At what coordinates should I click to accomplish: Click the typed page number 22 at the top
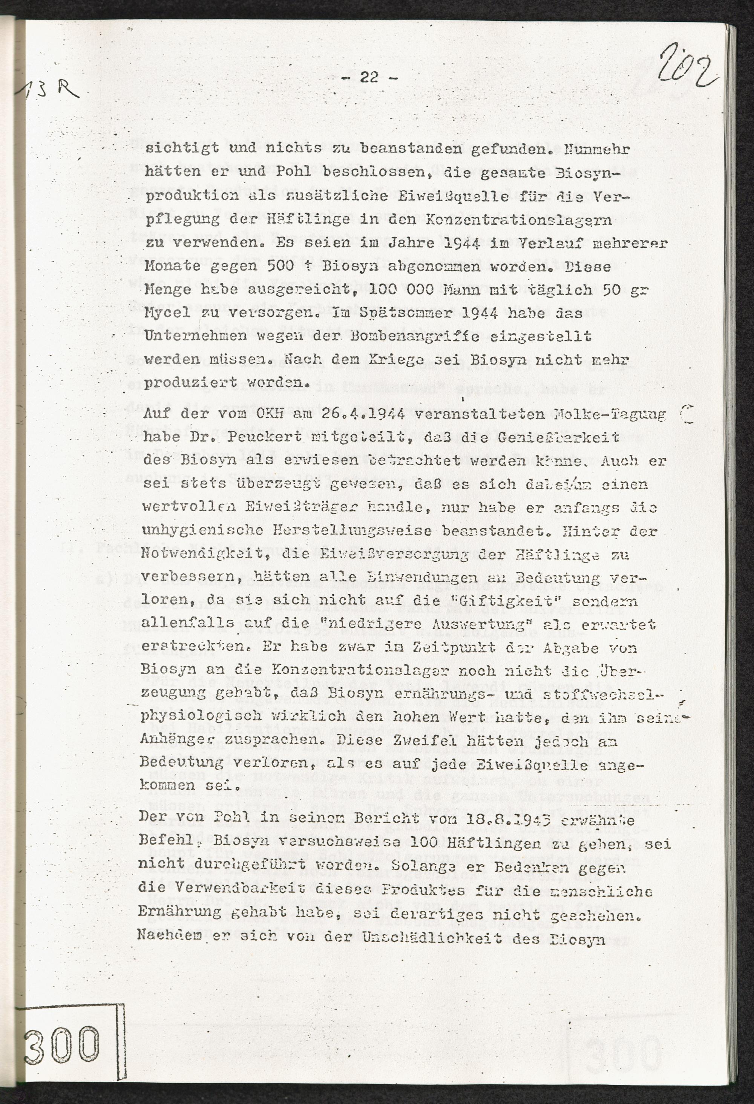tap(369, 77)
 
